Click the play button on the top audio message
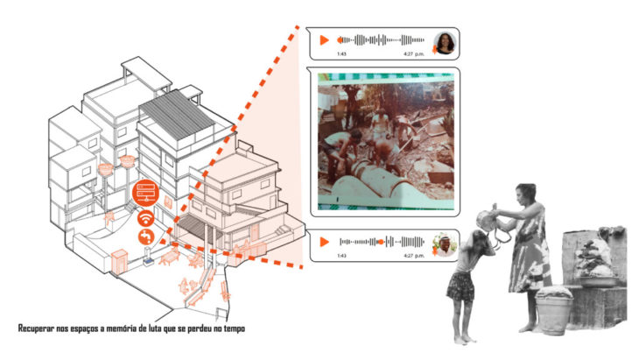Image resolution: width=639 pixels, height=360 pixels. pos(324,40)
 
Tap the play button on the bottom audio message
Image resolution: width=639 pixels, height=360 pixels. pos(324,240)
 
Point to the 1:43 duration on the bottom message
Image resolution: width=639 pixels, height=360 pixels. pos(341,256)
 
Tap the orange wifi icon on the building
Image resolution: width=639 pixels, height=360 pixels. pos(145,218)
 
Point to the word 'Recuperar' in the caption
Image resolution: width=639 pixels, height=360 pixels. pos(39,328)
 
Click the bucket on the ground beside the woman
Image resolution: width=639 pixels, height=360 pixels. pos(553,309)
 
